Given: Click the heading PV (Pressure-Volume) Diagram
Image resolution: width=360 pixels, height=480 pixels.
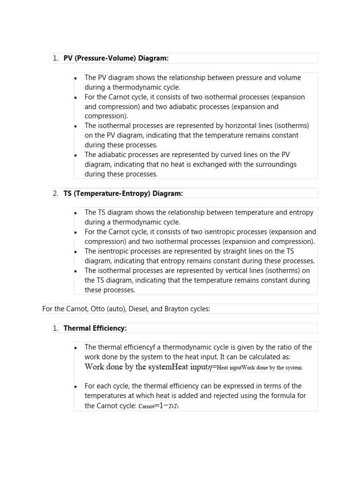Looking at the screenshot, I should pyautogui.click(x=116, y=58).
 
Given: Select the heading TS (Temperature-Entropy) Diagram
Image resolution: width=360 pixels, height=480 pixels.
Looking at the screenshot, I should pyautogui.click(x=123, y=193).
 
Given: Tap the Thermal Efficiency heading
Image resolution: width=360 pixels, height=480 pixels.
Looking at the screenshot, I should pyautogui.click(x=95, y=328).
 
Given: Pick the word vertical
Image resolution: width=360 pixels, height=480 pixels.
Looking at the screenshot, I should pyautogui.click(x=245, y=270).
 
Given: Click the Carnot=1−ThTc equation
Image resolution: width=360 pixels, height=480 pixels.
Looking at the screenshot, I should pyautogui.click(x=159, y=406).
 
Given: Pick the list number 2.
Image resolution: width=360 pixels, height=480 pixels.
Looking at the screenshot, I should pyautogui.click(x=55, y=193).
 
